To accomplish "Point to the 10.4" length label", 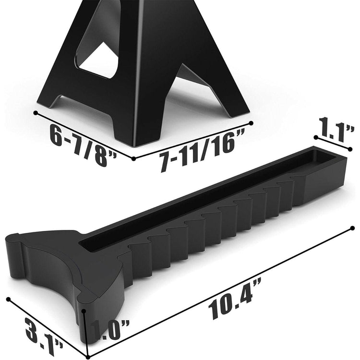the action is click(x=234, y=299).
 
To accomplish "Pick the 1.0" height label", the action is click(x=109, y=330).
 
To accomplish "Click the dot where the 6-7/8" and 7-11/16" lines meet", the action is click(x=134, y=158).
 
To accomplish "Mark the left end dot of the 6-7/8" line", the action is click(x=36, y=113).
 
